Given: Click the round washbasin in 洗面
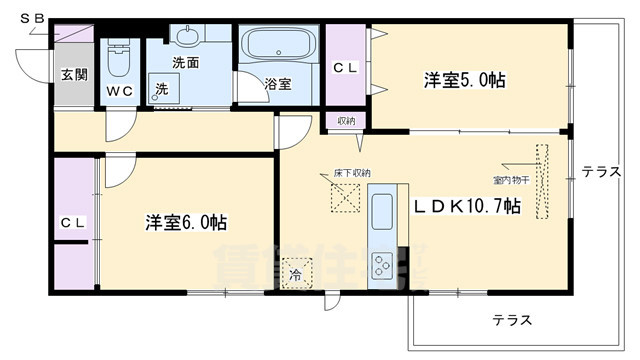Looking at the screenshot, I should pyautogui.click(x=187, y=38).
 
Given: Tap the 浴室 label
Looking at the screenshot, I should pyautogui.click(x=277, y=84).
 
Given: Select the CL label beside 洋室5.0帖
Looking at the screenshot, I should pyautogui.click(x=345, y=68).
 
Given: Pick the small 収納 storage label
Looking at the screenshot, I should pyautogui.click(x=346, y=121).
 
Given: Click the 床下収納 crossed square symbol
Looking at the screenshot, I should pyautogui.click(x=347, y=197).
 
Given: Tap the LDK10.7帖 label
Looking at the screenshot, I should pyautogui.click(x=467, y=206).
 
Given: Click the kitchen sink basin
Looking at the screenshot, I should pyautogui.click(x=382, y=213).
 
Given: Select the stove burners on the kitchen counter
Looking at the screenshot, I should pyautogui.click(x=382, y=265).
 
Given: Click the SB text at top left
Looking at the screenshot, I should pyautogui.click(x=31, y=17).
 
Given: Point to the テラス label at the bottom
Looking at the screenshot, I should pyautogui.click(x=511, y=320).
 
